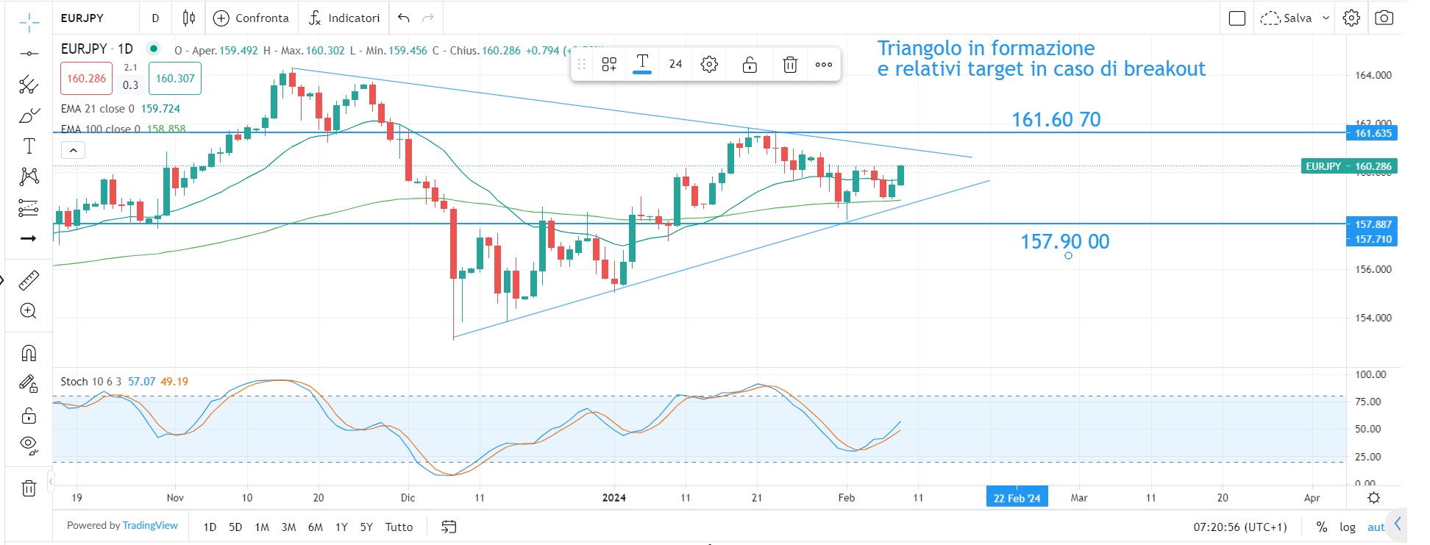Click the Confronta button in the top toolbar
(x=251, y=18)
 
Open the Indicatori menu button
(x=344, y=18)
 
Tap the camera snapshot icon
(x=1384, y=18)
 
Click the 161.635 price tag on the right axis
(x=1373, y=133)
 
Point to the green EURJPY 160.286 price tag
(x=1348, y=166)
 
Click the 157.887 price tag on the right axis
(x=1373, y=224)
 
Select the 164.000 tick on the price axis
(x=1373, y=75)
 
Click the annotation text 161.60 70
(x=1056, y=119)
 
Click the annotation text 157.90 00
(x=1064, y=241)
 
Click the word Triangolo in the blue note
(x=919, y=49)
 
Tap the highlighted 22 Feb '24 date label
(x=1017, y=498)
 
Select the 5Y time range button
(x=366, y=527)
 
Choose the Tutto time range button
(x=399, y=527)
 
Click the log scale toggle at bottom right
(x=1347, y=527)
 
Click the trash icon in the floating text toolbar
(x=789, y=65)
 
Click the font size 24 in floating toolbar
(x=675, y=64)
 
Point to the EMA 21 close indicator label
(x=97, y=108)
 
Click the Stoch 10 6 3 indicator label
(x=90, y=381)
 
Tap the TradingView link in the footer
(x=150, y=525)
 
